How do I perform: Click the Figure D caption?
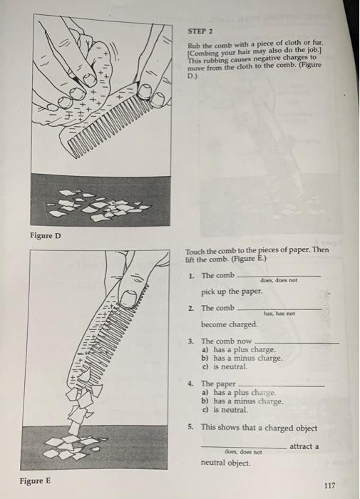pyautogui.click(x=46, y=235)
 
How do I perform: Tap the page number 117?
pyautogui.click(x=329, y=485)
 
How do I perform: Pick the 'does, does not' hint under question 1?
pyautogui.click(x=277, y=282)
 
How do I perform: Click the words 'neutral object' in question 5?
pyautogui.click(x=226, y=462)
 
